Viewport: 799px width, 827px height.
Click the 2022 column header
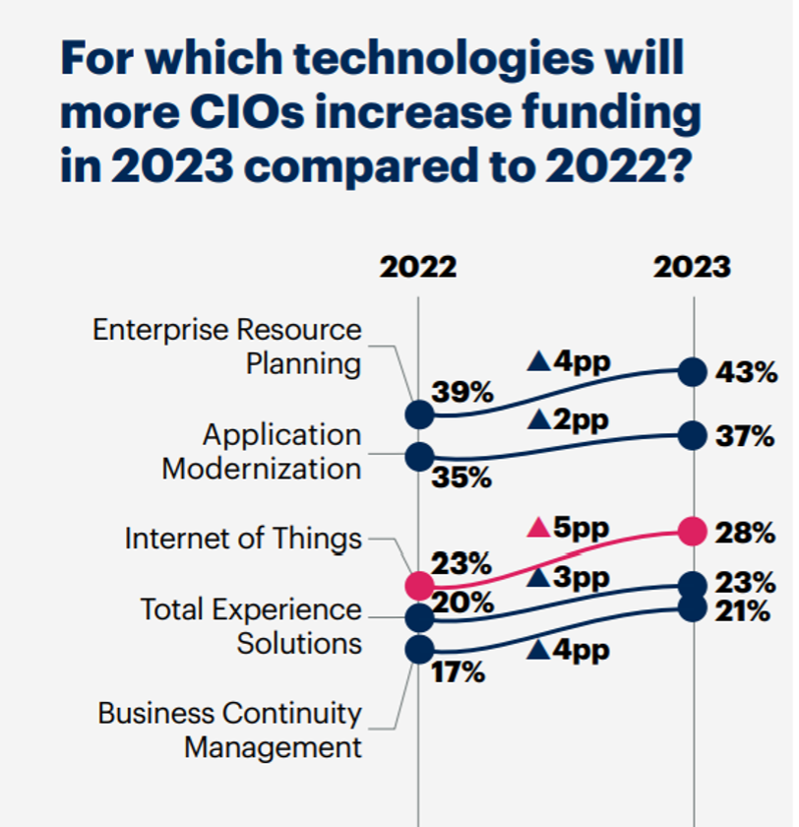tap(418, 267)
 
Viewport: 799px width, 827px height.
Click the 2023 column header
tap(693, 267)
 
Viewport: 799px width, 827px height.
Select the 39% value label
tap(462, 393)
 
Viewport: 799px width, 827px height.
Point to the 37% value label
tap(745, 436)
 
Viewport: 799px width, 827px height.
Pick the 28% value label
tap(746, 533)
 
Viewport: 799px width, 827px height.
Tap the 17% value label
tap(459, 673)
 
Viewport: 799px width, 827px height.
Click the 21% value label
tap(743, 611)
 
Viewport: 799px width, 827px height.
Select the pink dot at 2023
tap(694, 533)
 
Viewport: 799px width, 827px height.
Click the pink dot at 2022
tap(419, 585)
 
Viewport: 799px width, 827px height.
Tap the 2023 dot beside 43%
tap(694, 372)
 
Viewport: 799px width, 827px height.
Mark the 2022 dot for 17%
tap(419, 650)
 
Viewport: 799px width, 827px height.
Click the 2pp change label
tap(569, 419)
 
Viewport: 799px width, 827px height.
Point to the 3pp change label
tap(570, 578)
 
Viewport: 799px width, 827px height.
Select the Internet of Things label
tap(243, 539)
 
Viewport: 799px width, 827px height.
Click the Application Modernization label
tap(262, 452)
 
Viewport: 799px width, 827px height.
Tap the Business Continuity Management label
tap(230, 730)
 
